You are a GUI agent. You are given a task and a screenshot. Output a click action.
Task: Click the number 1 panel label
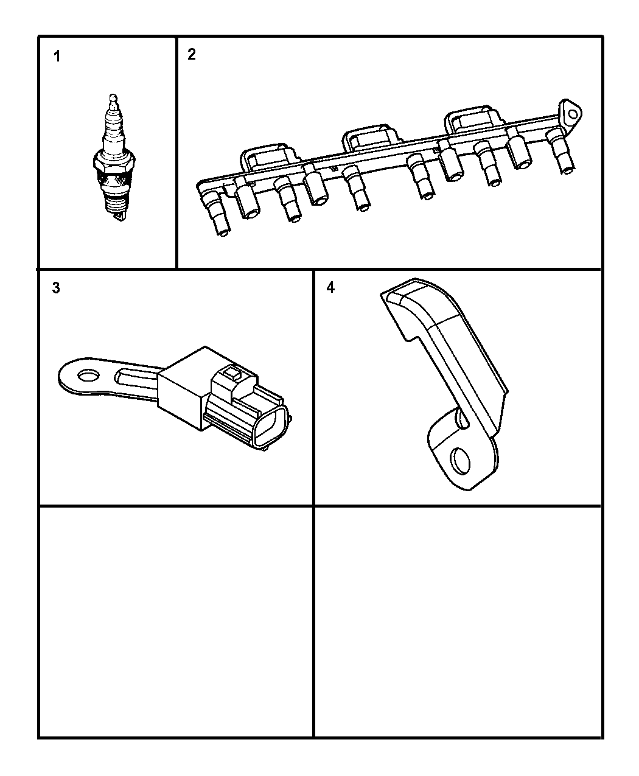(x=57, y=57)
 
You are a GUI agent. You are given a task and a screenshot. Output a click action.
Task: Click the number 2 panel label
(x=192, y=55)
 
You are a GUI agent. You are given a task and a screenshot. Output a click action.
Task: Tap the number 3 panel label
(x=56, y=288)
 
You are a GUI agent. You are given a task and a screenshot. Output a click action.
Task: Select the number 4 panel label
(x=330, y=287)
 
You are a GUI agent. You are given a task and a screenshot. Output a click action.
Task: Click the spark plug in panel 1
(x=114, y=158)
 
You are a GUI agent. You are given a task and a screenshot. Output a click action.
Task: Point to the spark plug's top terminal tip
(x=113, y=97)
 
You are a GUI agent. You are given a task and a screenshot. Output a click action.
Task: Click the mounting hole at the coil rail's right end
(x=573, y=114)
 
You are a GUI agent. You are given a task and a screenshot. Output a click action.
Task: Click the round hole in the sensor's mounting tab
(x=88, y=376)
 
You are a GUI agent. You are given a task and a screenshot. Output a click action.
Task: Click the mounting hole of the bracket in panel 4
(x=460, y=461)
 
